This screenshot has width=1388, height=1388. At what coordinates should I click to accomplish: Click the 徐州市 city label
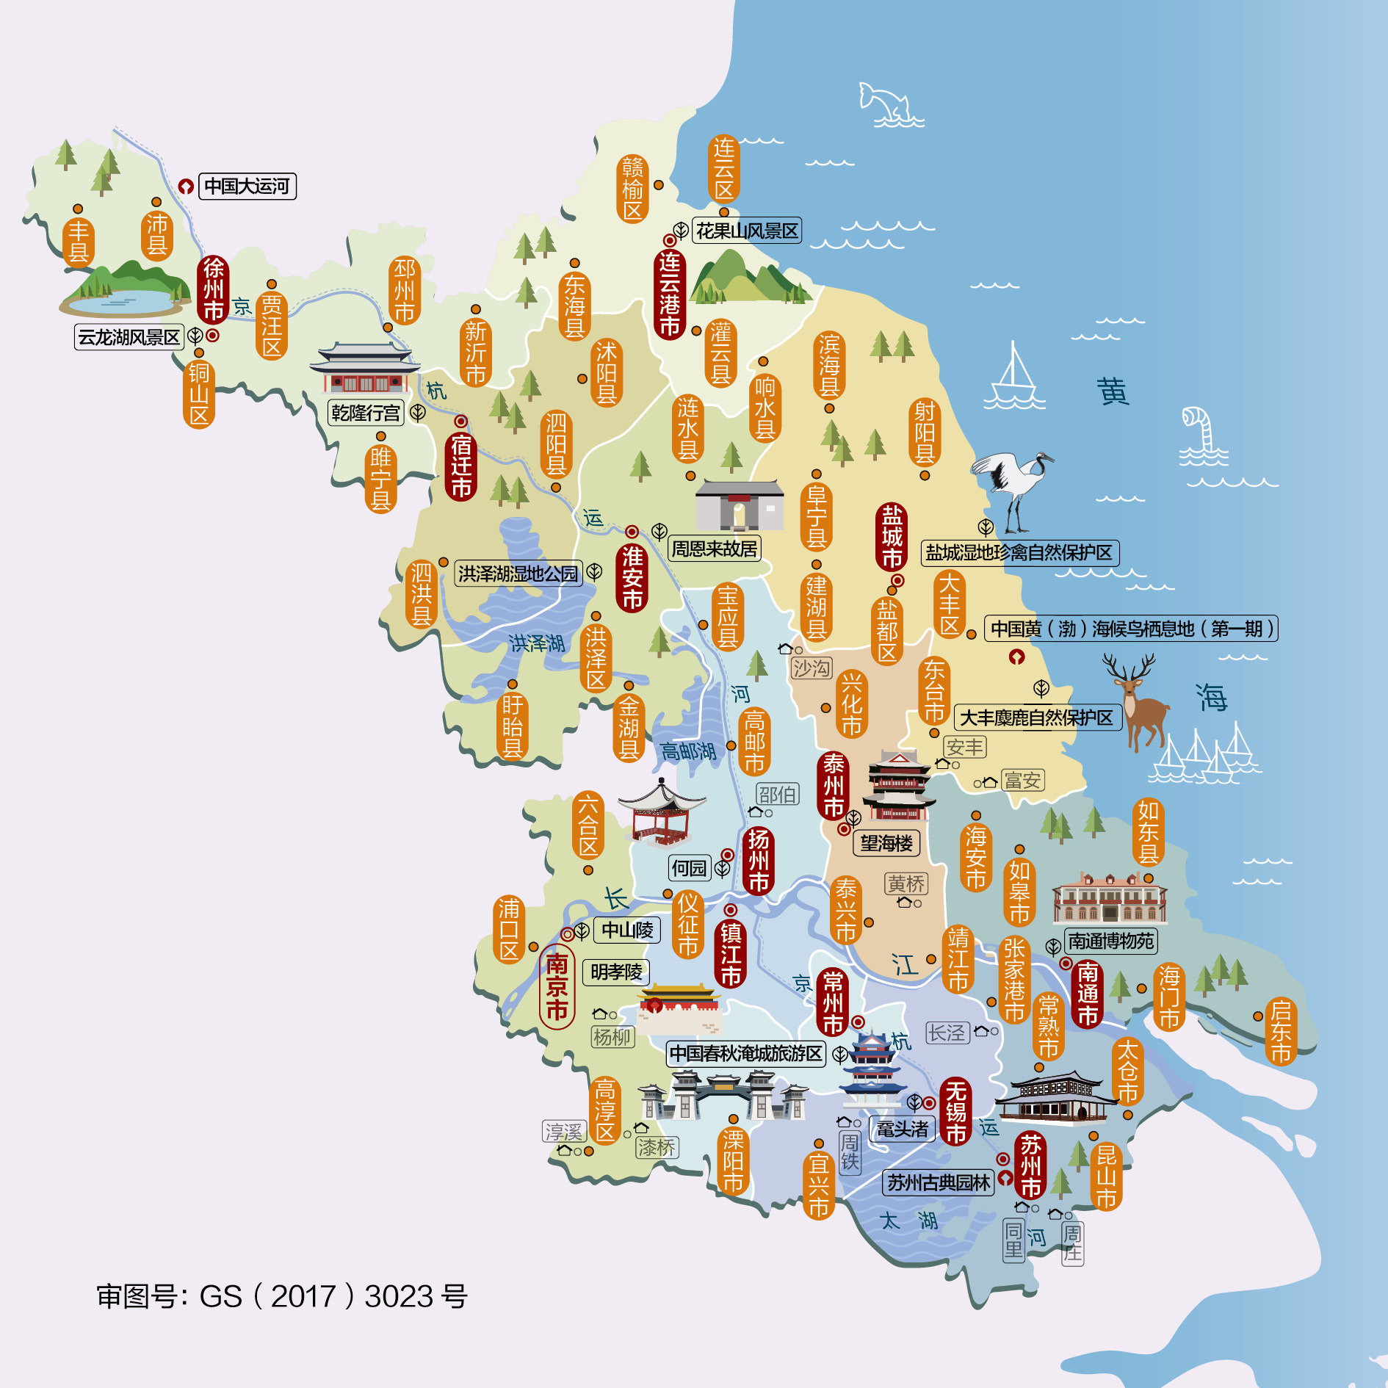213,289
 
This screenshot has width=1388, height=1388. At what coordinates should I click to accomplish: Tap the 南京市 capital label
557,986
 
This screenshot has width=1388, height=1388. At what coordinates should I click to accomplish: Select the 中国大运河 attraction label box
247,186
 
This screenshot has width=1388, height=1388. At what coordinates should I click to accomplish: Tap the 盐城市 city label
892,537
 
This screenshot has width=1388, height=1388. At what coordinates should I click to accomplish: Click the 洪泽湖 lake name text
537,644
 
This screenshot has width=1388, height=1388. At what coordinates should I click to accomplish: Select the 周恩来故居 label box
714,549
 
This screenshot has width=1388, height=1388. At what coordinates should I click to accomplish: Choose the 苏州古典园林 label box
938,1182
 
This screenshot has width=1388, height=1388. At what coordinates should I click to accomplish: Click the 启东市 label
1280,1031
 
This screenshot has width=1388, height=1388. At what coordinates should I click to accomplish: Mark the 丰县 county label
78,241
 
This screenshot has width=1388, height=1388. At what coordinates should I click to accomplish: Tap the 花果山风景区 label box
746,231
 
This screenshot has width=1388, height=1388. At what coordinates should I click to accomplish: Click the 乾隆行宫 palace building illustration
364,369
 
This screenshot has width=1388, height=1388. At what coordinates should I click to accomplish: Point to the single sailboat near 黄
1014,378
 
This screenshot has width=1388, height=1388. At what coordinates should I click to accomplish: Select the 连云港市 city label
669,294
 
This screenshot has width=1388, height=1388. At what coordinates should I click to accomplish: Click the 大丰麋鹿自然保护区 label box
1036,718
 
